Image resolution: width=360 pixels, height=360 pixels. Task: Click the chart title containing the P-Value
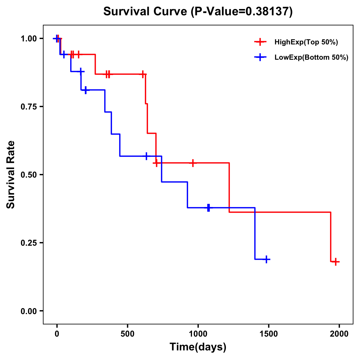(x=198, y=11)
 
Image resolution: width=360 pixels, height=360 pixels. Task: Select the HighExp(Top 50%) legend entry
(x=306, y=42)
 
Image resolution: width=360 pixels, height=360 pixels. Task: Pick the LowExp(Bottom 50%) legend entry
(x=311, y=57)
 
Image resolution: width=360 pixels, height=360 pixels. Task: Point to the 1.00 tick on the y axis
(x=28, y=38)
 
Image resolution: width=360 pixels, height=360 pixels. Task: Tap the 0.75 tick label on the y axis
(x=28, y=106)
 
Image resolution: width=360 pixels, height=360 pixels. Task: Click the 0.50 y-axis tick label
(x=28, y=175)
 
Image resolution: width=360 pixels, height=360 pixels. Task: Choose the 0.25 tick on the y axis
(x=28, y=243)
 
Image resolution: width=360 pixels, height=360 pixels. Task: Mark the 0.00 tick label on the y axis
(x=28, y=311)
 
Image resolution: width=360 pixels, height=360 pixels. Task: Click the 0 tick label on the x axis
(x=57, y=334)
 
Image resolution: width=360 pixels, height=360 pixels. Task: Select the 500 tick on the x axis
(x=127, y=334)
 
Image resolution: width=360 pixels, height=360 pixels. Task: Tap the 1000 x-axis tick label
(x=198, y=334)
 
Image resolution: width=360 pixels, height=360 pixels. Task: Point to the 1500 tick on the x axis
(x=268, y=334)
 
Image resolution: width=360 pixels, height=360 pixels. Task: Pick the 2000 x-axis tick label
(x=339, y=334)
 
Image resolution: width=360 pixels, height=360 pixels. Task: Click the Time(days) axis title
(x=198, y=347)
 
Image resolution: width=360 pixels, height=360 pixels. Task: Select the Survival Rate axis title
(x=11, y=175)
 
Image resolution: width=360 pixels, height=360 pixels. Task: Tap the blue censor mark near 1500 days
(x=266, y=259)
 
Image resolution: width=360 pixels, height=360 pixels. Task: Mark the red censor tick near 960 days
(x=193, y=163)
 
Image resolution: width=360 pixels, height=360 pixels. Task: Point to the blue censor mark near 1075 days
(x=208, y=208)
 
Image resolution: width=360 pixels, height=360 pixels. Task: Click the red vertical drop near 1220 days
(x=229, y=187)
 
